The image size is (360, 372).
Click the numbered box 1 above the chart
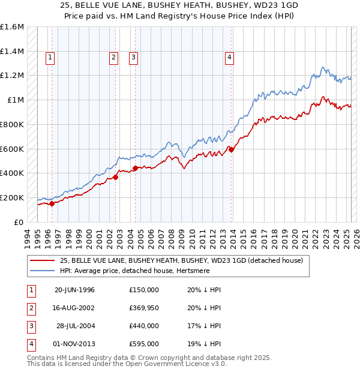[x=49, y=58]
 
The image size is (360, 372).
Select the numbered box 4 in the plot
[x=229, y=58]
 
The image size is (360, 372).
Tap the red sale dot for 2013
[x=232, y=150]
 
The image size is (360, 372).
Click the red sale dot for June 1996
[x=52, y=203]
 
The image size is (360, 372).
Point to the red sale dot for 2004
[x=135, y=169]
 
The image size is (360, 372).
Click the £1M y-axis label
[x=16, y=100]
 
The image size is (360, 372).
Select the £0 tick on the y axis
[x=19, y=222]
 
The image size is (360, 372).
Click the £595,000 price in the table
[x=143, y=344]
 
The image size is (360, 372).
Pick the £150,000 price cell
[x=143, y=290]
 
